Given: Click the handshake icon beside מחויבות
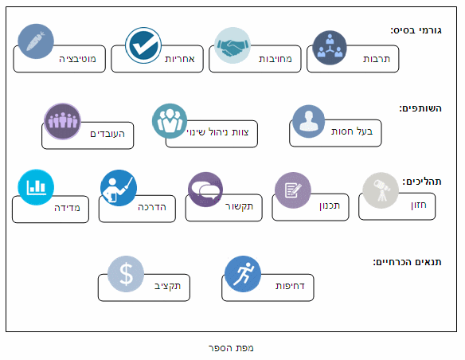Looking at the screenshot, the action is coord(232,45).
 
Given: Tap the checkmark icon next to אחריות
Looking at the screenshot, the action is coord(143,45).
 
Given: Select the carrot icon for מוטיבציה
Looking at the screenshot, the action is coord(36,41).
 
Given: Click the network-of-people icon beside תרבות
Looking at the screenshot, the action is coord(330,48).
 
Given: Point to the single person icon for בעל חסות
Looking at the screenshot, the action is coord(308,121).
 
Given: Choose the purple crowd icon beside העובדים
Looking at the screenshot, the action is coord(62,121).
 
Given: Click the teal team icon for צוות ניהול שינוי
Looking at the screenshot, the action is coord(170,121).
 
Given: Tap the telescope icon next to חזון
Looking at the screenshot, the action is coord(381,190).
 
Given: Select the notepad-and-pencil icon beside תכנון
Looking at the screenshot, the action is coord(293,190).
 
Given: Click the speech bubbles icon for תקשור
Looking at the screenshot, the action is coord(205,190).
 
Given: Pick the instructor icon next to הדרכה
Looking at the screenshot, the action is coord(119,188).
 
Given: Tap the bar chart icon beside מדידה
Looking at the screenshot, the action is coord(36,187).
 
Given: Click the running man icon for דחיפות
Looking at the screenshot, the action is coord(243,274).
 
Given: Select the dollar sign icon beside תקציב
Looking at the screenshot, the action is coord(126,274).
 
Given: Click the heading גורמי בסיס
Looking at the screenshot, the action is coord(416,30).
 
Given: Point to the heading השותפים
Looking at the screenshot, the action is coord(420,108).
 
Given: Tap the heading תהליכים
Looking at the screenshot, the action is coord(422,181).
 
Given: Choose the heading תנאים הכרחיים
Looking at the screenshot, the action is coord(407,262).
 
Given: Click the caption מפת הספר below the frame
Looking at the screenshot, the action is coord(231,348).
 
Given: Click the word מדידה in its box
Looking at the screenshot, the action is coord(67,208).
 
